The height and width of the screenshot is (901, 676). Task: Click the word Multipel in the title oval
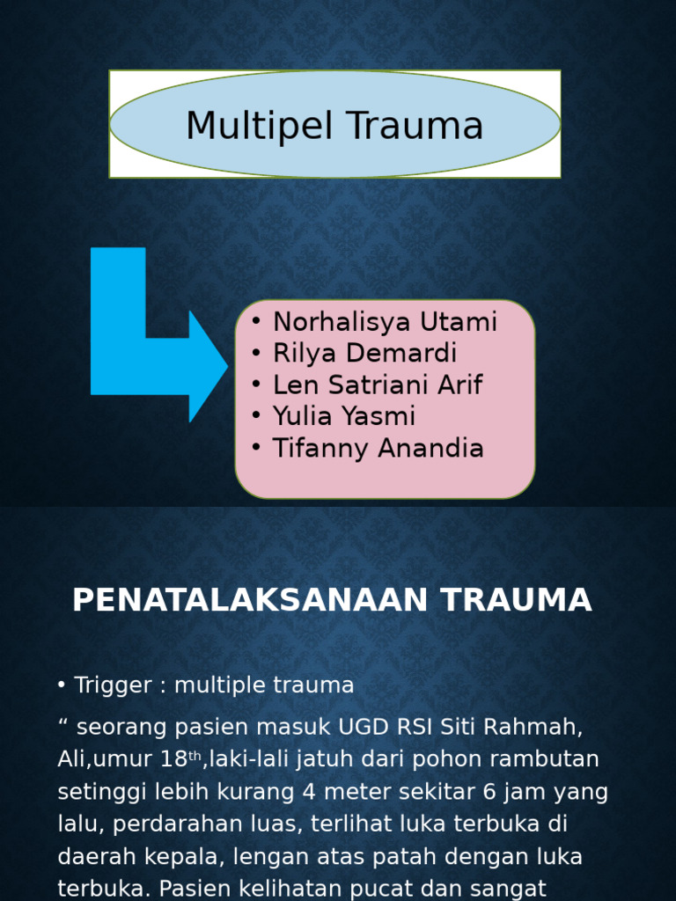click(260, 126)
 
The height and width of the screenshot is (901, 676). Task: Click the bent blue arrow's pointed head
click(228, 367)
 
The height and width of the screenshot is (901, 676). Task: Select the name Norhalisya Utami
click(385, 322)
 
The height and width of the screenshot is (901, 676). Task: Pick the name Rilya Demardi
click(365, 354)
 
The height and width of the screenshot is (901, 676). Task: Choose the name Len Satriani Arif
click(378, 385)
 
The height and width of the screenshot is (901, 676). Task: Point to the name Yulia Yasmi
click(344, 416)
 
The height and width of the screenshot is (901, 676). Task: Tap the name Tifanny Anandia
click(378, 448)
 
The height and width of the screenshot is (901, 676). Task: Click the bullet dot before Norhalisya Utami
click(256, 321)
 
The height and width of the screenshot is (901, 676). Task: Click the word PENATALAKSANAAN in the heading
click(250, 600)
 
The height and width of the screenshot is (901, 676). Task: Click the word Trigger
click(113, 685)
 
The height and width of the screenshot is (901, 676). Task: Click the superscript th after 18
click(195, 756)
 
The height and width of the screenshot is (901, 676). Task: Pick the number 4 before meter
click(309, 792)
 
